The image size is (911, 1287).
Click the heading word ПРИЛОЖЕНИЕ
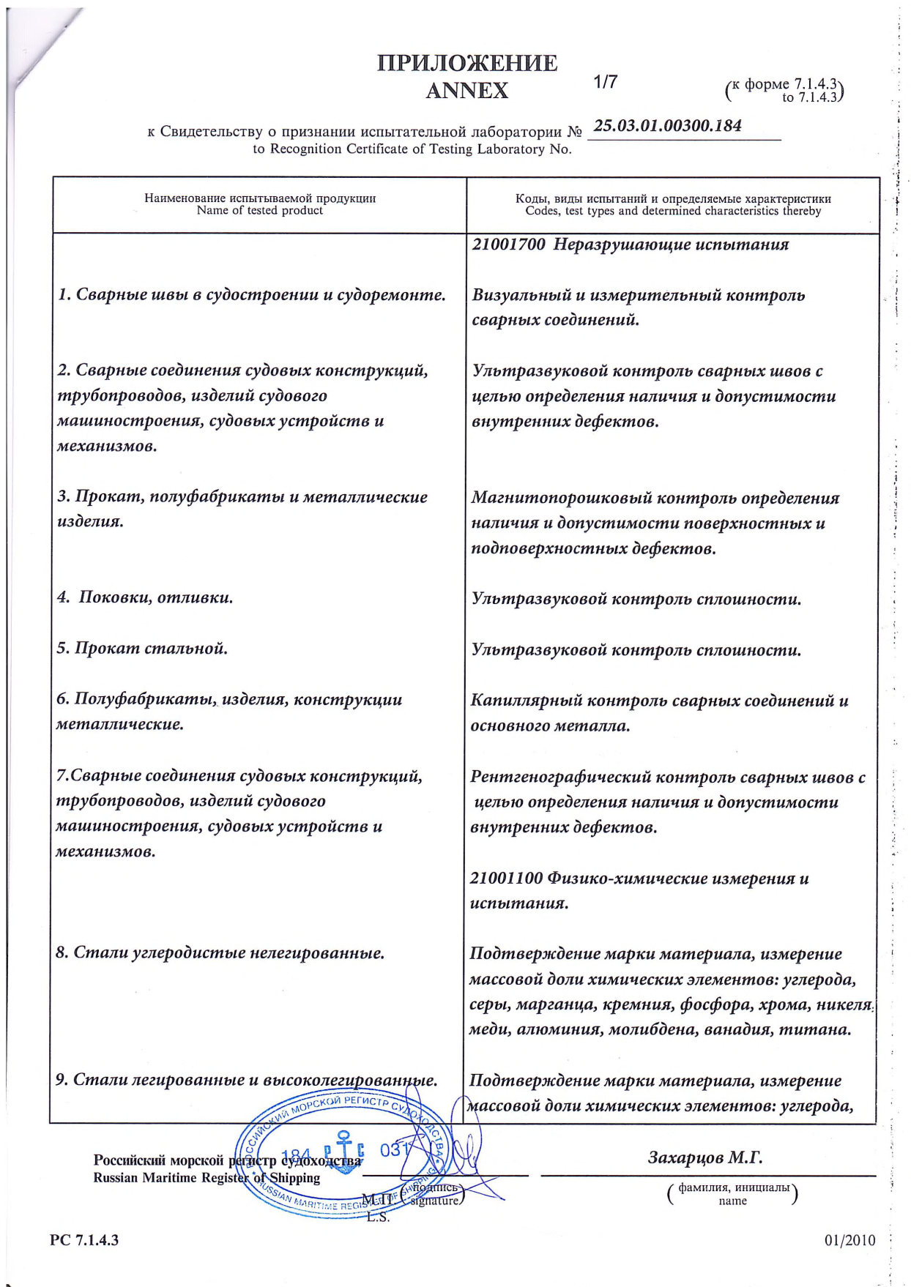tap(467, 64)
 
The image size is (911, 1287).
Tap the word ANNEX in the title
tap(466, 91)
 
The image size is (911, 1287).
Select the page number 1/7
tap(606, 81)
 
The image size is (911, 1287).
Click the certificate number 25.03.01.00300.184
tap(667, 126)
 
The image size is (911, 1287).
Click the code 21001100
tap(507, 878)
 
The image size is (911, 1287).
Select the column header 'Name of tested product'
tap(260, 211)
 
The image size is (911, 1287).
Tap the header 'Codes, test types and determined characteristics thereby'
tap(673, 212)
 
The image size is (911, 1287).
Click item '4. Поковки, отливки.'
tap(145, 597)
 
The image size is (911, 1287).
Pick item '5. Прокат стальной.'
tap(142, 649)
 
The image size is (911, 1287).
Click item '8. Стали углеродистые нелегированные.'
tap(220, 953)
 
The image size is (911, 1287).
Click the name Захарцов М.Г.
tap(705, 1158)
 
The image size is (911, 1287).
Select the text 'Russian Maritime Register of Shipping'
tap(207, 1178)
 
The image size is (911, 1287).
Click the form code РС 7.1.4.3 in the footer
tap(85, 1239)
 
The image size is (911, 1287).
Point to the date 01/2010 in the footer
tap(849, 1240)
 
